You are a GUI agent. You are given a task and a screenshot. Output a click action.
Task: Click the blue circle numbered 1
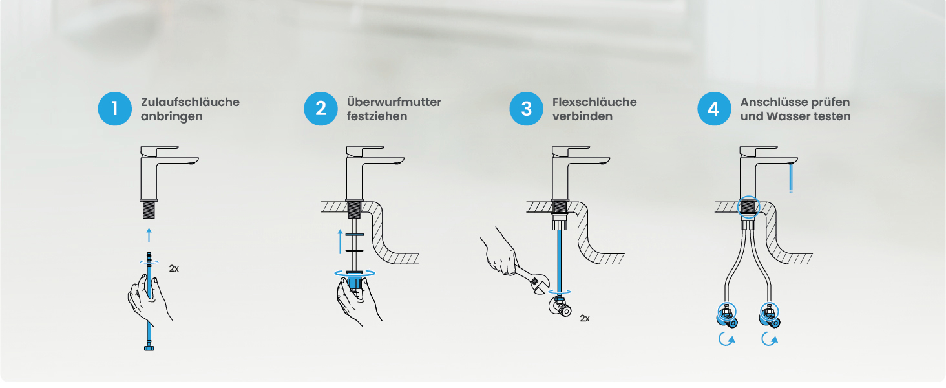115,109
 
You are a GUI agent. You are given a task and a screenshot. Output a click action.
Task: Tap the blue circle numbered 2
321,109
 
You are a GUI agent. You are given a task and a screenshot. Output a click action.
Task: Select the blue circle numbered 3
526,109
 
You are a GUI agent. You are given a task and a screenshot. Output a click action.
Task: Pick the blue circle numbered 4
714,109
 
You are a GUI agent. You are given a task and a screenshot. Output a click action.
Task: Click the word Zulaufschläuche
190,102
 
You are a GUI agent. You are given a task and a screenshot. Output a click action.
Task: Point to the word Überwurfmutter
394,102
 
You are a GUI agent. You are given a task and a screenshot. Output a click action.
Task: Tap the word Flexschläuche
594,102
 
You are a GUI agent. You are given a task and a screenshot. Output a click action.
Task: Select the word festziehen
377,116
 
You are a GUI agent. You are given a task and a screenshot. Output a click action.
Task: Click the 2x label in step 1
174,268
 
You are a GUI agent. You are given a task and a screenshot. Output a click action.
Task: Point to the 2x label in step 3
585,318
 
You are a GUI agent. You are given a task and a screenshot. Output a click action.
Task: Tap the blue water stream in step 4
791,178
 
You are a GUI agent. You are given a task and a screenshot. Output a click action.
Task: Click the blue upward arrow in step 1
149,235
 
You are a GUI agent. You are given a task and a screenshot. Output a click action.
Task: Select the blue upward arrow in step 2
341,241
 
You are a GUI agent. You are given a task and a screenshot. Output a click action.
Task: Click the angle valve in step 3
560,307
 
